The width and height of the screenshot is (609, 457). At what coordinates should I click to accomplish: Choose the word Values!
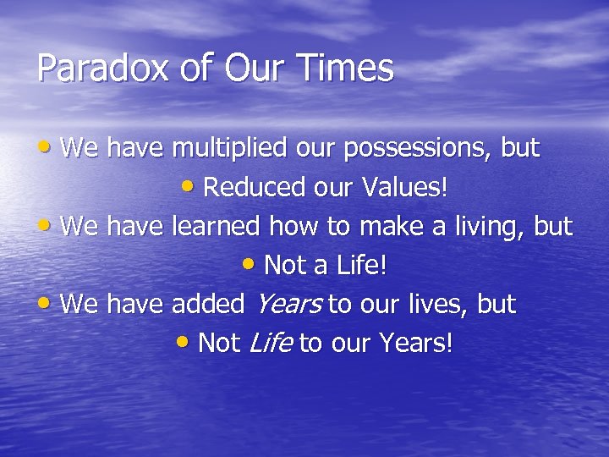tap(402, 188)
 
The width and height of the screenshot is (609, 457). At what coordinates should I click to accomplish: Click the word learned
tap(217, 227)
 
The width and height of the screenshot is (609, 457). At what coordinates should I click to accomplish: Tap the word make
tap(393, 227)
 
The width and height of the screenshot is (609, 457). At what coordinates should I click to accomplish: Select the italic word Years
tap(288, 304)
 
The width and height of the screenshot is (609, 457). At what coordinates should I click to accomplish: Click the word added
tap(208, 304)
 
